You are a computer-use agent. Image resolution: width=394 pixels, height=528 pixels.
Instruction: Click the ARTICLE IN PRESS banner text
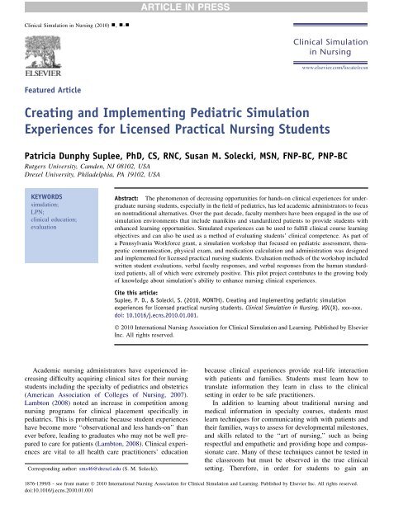click(x=196, y=7)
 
